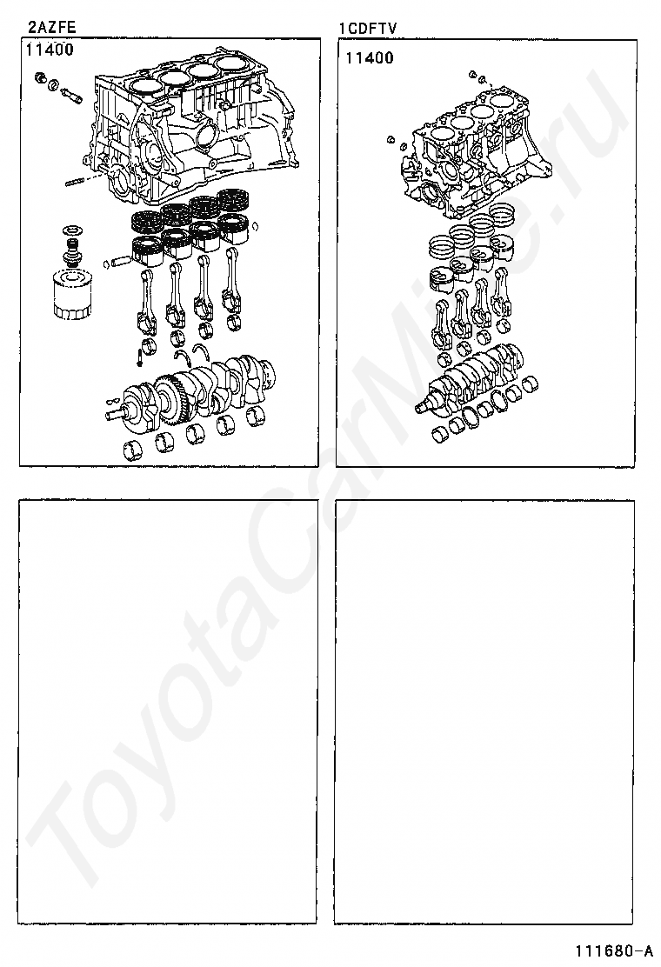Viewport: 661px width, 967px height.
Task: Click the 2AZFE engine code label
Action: (x=51, y=27)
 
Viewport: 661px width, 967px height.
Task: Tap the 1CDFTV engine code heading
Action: (x=368, y=29)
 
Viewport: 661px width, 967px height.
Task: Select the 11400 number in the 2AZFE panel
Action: (x=50, y=50)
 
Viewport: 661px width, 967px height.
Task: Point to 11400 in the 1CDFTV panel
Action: (x=370, y=58)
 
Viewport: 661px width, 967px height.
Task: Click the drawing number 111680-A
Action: (x=614, y=950)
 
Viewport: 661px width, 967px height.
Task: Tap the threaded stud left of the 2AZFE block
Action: (x=75, y=182)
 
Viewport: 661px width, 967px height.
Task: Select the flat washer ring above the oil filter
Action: (x=71, y=230)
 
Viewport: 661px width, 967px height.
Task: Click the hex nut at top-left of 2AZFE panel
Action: (x=41, y=77)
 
